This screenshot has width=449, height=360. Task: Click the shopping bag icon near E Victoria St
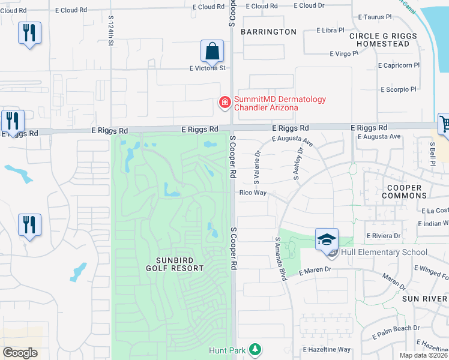coord(212,52)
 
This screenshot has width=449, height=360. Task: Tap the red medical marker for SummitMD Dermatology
coord(225,104)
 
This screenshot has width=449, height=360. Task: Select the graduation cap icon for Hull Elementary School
coord(327,241)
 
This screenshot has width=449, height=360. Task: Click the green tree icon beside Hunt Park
coord(256,349)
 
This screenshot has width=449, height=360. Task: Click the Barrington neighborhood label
coord(268,32)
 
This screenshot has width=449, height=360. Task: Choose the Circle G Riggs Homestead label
coord(382,40)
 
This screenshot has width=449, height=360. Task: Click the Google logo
coord(20,353)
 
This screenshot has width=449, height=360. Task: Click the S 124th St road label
coord(111,31)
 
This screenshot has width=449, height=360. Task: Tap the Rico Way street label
coord(253,193)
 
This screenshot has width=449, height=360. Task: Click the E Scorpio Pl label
coord(398,89)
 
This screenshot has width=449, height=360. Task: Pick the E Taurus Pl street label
coord(375,18)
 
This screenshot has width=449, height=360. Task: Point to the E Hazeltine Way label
coord(327,349)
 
